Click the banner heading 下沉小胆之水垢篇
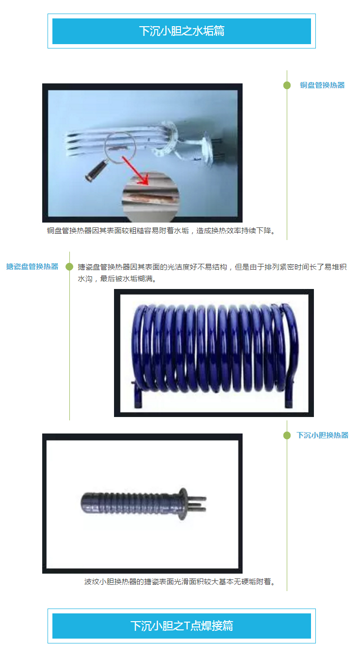tap(181, 31)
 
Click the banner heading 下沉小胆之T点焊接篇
tap(181, 626)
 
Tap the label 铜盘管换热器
tap(322, 85)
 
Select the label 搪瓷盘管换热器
tap(32, 267)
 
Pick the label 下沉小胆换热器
tap(322, 435)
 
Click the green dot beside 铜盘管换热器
tap(287, 85)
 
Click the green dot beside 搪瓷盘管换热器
tap(69, 267)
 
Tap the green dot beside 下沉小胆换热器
tap(287, 435)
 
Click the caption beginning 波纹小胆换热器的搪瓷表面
tap(180, 582)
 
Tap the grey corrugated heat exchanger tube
tap(131, 502)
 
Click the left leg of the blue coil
tap(137, 395)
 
